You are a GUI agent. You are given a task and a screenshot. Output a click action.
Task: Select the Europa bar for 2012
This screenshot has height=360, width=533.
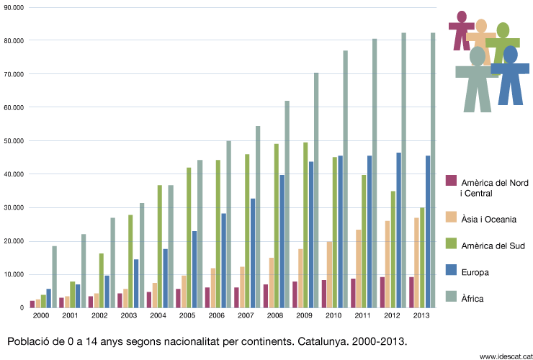(x=398, y=230)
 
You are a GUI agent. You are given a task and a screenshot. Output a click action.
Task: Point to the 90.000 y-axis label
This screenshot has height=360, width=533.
(x=14, y=7)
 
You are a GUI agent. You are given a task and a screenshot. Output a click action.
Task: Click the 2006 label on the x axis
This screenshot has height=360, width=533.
(x=216, y=315)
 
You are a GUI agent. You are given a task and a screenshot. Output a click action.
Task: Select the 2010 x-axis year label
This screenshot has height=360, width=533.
(x=333, y=315)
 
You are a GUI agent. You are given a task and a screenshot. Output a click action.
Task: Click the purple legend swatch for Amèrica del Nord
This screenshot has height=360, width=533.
(x=452, y=181)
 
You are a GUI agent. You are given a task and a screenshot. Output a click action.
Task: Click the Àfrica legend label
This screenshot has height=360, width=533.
(x=472, y=298)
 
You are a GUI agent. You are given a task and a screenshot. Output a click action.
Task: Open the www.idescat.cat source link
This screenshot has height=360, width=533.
(x=502, y=356)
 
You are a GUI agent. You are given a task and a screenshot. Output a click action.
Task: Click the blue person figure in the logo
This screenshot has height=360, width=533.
(x=511, y=72)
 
